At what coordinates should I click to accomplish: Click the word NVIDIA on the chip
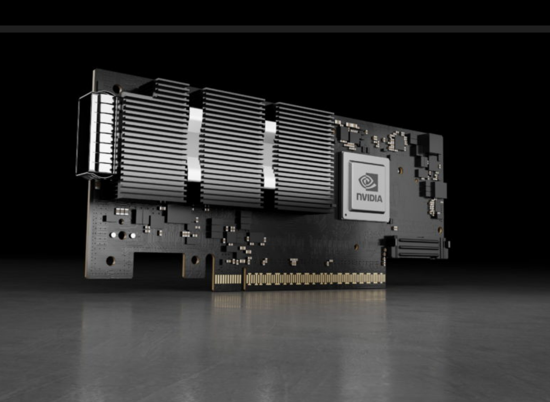370,197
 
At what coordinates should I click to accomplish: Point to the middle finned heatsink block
232,149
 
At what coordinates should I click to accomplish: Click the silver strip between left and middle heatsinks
194,144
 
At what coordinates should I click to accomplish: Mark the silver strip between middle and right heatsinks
270,153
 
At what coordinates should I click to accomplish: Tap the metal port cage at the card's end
97,134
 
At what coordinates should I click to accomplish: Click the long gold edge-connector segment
315,279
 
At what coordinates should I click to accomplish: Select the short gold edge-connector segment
228,279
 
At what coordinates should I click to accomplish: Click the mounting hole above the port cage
117,88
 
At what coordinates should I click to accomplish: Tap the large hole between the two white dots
122,235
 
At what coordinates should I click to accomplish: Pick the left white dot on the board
113,234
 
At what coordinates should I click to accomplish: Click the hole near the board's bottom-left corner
110,260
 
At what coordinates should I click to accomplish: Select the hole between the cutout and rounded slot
194,260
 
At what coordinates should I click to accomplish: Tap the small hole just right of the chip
401,170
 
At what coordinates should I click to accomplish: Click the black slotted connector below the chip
418,247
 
